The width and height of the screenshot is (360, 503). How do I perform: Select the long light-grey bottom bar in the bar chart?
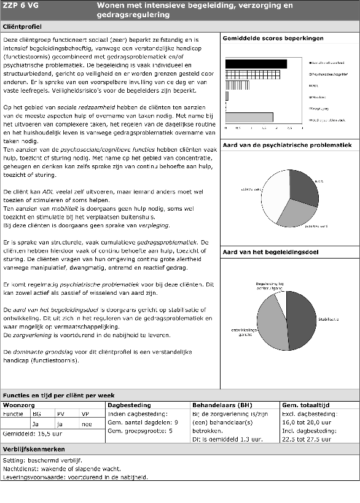point(249,117)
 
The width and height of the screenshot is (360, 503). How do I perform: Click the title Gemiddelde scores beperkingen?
point(273,39)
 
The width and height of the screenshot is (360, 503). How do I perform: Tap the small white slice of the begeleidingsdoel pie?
point(281,296)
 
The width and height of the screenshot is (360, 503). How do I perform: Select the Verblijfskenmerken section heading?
point(34,449)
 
